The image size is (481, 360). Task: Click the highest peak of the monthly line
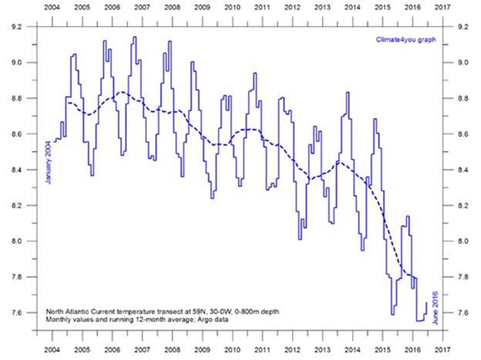coord(135,37)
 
